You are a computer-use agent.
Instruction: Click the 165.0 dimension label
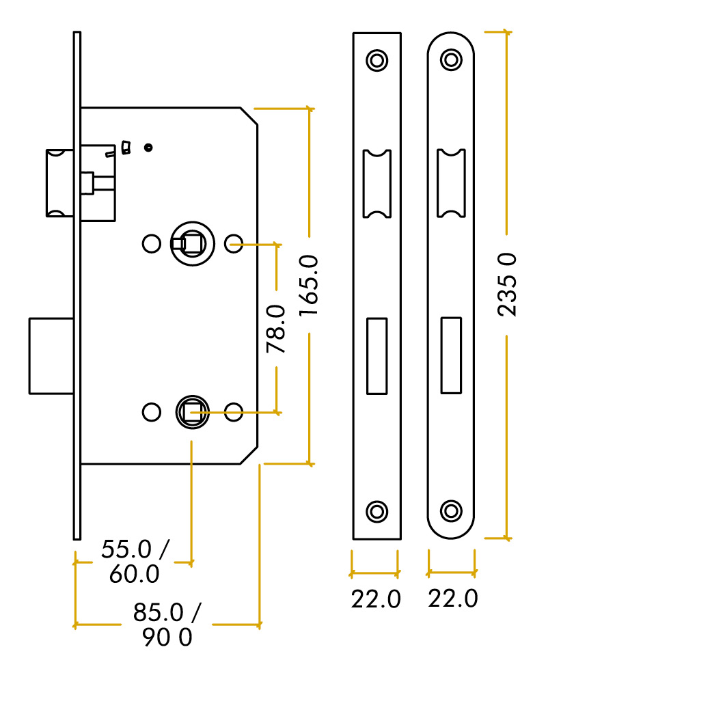coord(309,285)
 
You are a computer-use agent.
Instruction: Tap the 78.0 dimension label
coord(276,329)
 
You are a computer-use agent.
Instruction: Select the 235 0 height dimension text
coord(506,284)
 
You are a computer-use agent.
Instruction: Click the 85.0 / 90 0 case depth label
coord(167,625)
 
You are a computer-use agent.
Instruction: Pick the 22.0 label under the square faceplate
coord(376,599)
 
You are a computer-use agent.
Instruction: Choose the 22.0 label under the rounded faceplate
coord(452,599)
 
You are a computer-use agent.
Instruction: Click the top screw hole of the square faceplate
coord(376,60)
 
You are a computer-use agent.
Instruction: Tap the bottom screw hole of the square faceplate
coord(376,511)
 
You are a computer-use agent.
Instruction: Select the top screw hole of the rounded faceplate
coord(451,59)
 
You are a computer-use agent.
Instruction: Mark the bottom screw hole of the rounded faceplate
coord(451,510)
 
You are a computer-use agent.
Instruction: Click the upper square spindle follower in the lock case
coord(192,243)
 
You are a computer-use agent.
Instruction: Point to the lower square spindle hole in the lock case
coord(192,412)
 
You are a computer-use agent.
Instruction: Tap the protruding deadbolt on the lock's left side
coord(51,355)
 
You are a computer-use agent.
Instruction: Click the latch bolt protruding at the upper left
coord(59,182)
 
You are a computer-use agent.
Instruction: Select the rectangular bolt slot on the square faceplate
coord(376,355)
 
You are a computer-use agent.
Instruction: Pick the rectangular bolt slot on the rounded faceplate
coord(451,355)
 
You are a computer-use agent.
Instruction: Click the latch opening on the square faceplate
coord(376,183)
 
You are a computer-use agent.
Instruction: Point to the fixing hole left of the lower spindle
coord(151,412)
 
